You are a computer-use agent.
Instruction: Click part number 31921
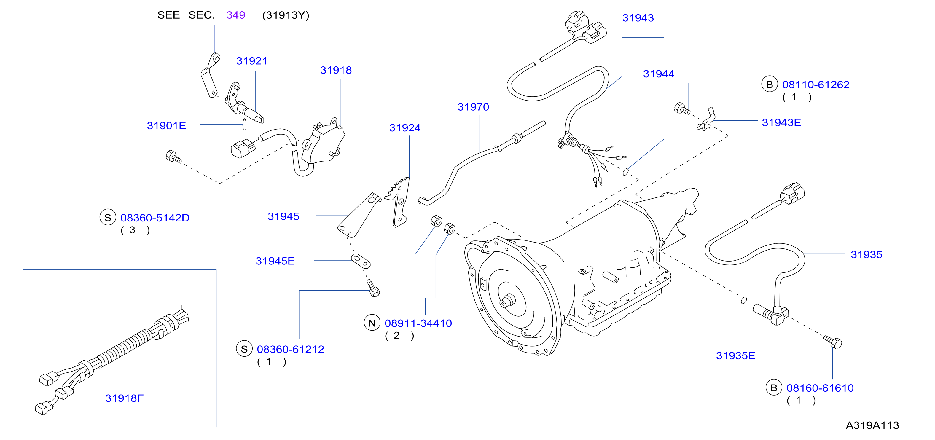click(x=251, y=61)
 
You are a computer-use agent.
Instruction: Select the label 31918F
click(x=124, y=398)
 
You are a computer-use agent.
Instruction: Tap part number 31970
click(x=473, y=107)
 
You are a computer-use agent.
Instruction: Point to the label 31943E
click(x=781, y=123)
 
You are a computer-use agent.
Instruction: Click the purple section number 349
click(x=235, y=15)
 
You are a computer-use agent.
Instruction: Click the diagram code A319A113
click(x=872, y=425)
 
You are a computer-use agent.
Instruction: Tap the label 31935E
click(x=735, y=356)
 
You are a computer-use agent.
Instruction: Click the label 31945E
click(x=275, y=261)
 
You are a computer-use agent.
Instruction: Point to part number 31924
click(x=405, y=128)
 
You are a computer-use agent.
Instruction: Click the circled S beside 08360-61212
click(x=244, y=349)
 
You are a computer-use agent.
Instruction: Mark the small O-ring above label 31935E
click(x=743, y=300)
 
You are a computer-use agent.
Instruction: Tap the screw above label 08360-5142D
click(x=173, y=157)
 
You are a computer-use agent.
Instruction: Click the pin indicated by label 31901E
click(x=244, y=124)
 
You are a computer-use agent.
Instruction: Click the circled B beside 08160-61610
click(x=773, y=388)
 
